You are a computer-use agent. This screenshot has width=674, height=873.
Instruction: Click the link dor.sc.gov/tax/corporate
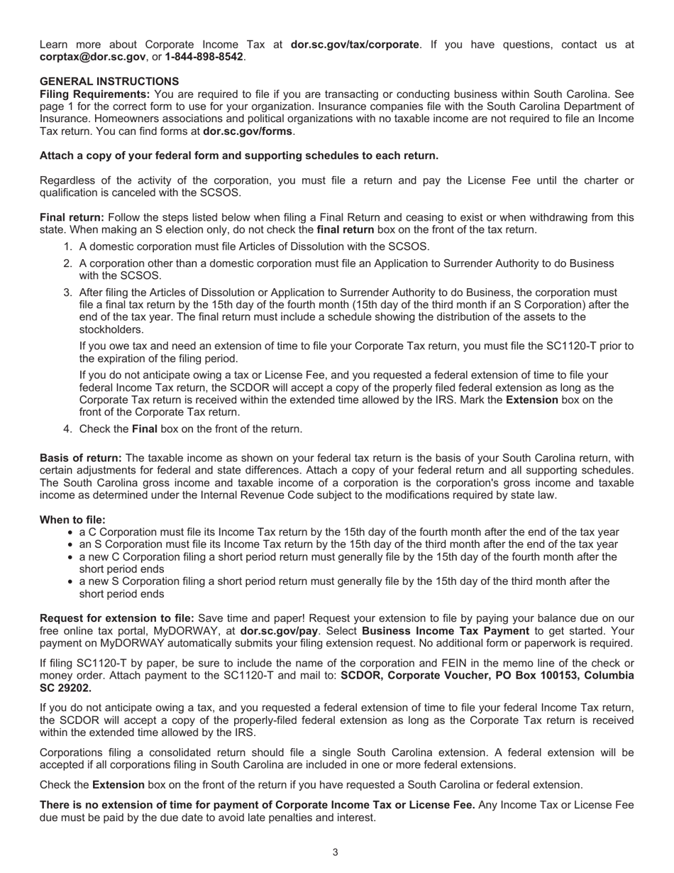pyautogui.click(x=355, y=45)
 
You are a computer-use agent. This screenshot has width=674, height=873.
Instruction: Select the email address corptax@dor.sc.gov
pyautogui.click(x=93, y=57)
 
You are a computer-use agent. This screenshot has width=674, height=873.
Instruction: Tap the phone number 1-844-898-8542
pyautogui.click(x=204, y=57)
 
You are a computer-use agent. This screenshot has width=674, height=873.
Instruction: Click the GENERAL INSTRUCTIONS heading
pyautogui.click(x=109, y=82)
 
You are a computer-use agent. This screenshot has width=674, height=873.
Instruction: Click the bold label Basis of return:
pyautogui.click(x=80, y=458)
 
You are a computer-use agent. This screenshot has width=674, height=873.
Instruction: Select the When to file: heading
pyautogui.click(x=72, y=520)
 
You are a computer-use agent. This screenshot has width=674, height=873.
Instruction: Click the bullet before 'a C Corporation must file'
pyautogui.click(x=71, y=532)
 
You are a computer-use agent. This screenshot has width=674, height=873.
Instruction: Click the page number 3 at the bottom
pyautogui.click(x=336, y=852)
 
